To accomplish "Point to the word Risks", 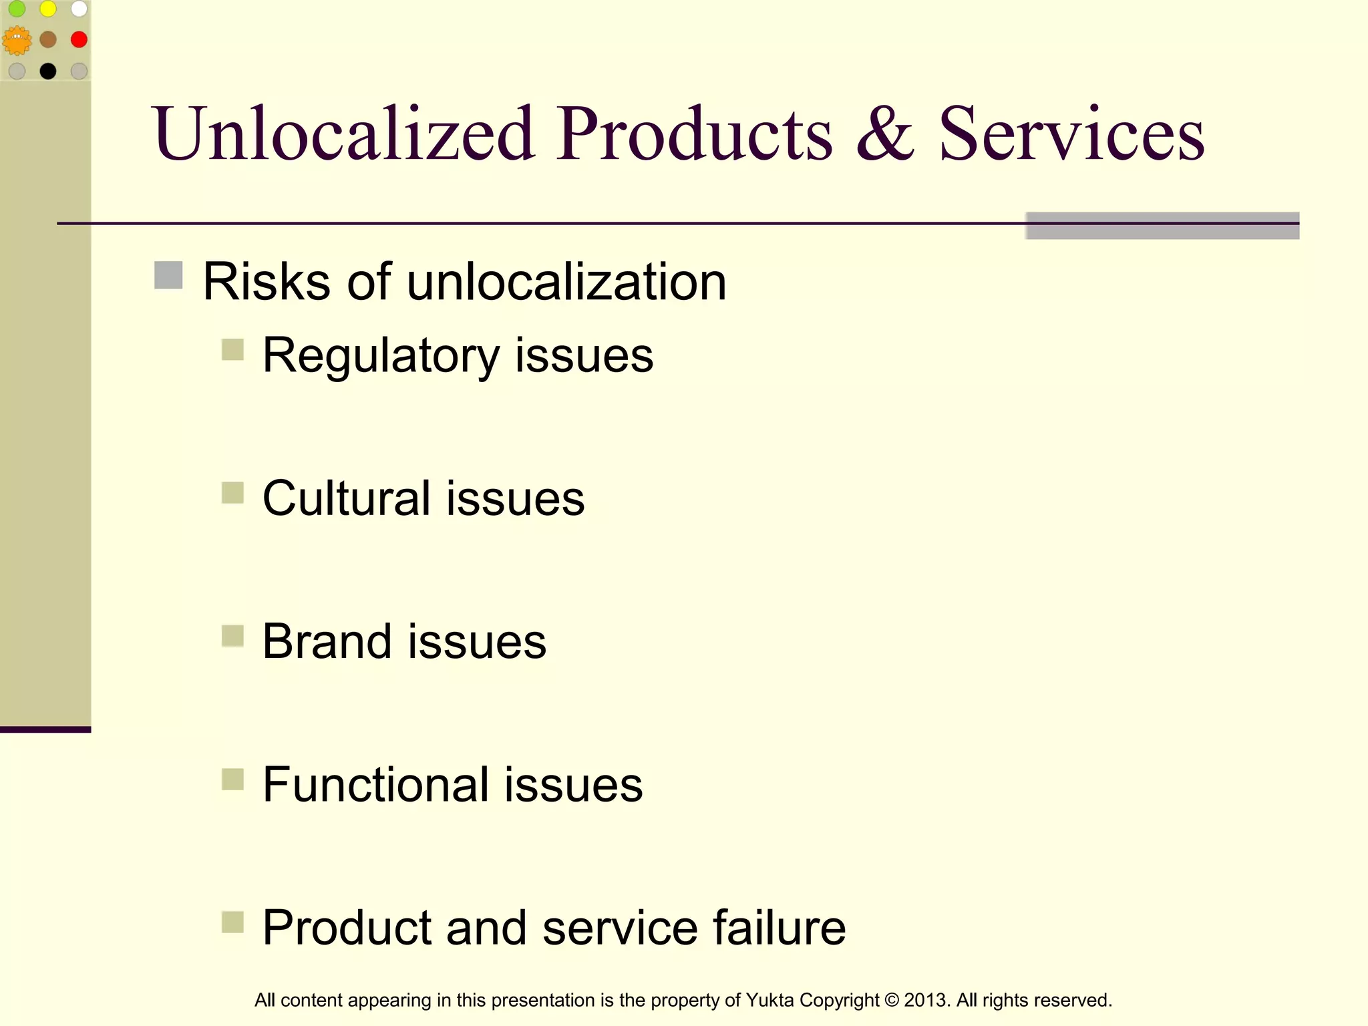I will click(x=266, y=281).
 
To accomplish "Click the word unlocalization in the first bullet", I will click(x=566, y=281).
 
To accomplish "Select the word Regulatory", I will click(x=381, y=356).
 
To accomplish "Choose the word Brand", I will click(x=327, y=641).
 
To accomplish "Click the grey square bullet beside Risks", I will click(x=168, y=275).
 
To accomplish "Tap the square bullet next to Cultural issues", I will click(x=232, y=493).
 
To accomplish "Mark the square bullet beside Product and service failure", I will click(x=232, y=922).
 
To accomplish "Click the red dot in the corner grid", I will click(x=79, y=39).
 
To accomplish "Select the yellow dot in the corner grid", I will click(x=48, y=9).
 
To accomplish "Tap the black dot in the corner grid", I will click(x=48, y=71).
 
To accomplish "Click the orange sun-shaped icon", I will click(x=17, y=41).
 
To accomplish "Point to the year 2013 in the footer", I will click(x=924, y=1000).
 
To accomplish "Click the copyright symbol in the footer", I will click(x=891, y=1000).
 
